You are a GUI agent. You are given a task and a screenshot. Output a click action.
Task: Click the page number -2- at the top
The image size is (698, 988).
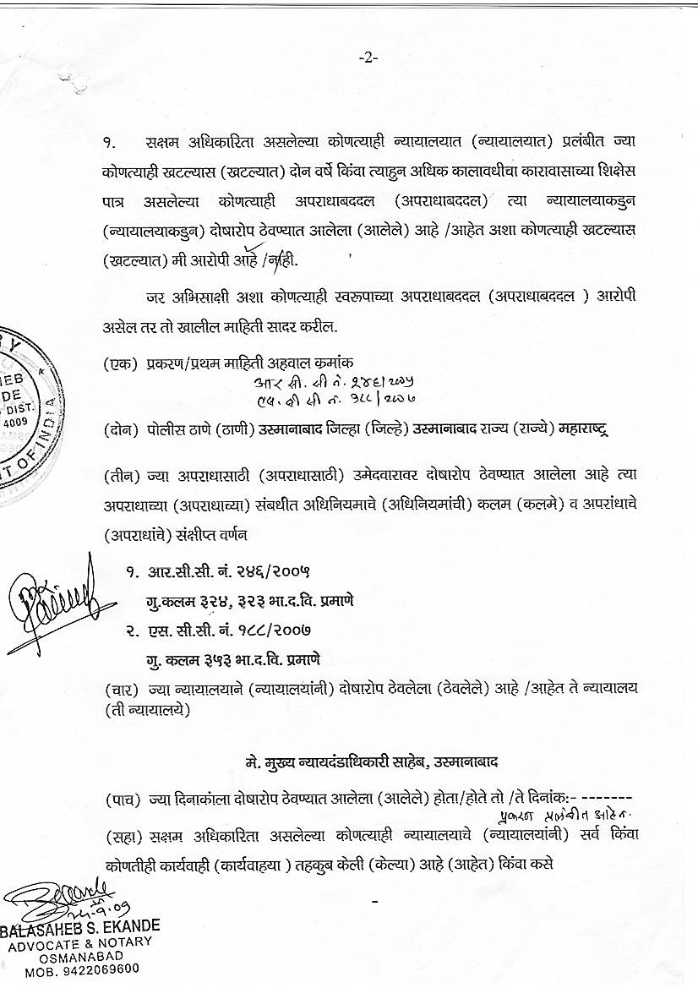click(368, 57)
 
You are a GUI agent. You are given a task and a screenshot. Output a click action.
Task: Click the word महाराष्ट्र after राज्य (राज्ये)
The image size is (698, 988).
click(583, 429)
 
